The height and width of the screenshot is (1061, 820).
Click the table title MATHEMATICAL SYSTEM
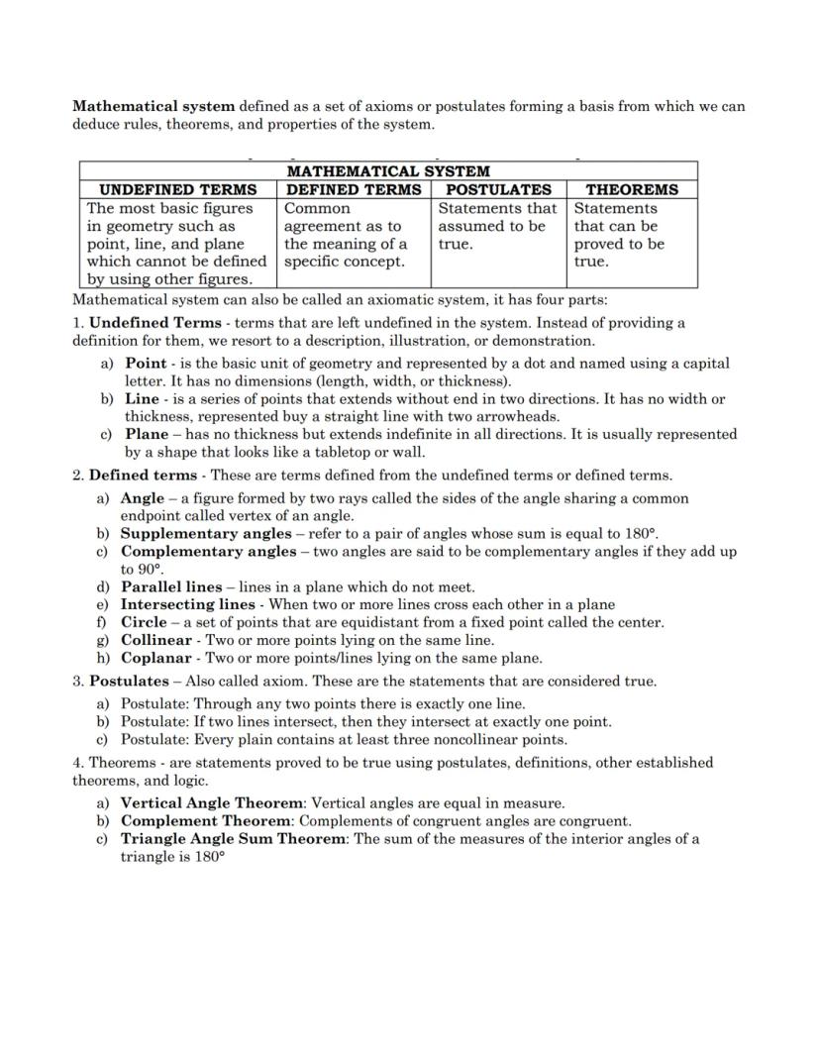coord(388,171)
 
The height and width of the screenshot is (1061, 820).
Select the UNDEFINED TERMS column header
coord(178,189)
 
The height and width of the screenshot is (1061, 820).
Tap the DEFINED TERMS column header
coord(354,189)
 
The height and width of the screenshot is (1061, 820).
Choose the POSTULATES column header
coord(499,189)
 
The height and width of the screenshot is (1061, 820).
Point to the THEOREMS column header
coord(632,189)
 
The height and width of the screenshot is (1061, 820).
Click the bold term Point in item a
coord(146,363)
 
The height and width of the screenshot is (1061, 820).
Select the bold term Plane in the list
coord(147,434)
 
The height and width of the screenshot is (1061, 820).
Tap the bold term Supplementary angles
coord(206,533)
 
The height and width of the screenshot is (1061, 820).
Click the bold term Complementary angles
coord(208,551)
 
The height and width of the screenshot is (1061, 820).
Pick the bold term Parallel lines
coord(171,586)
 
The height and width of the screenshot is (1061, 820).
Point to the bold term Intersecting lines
coord(187,604)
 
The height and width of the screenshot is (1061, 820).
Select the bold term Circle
coord(144,622)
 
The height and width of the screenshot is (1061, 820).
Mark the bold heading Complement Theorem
coord(206,820)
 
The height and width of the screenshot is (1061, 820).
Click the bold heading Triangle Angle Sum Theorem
coord(234,838)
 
